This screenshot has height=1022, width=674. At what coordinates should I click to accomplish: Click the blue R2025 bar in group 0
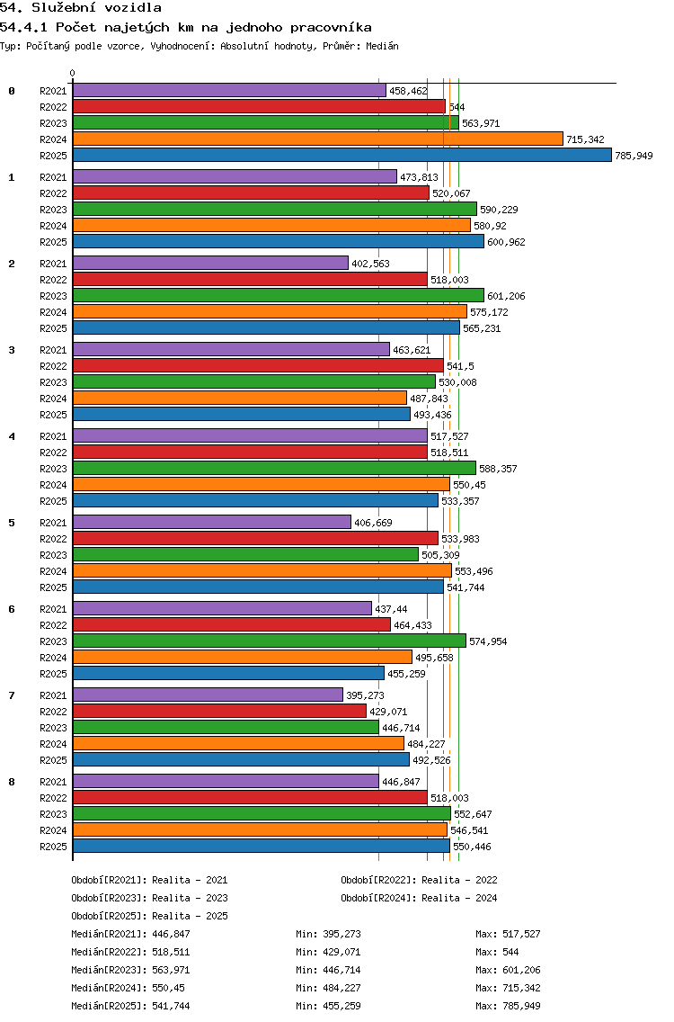click(341, 156)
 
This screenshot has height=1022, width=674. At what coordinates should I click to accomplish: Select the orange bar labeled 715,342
click(317, 139)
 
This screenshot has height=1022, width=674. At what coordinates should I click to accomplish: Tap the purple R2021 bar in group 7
click(208, 695)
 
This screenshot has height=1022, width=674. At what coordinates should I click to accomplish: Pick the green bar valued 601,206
click(278, 295)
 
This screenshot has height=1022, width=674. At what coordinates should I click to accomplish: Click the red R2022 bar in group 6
click(231, 624)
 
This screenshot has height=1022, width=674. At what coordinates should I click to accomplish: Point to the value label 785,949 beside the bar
click(634, 156)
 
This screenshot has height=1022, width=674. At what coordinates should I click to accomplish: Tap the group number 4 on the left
click(12, 436)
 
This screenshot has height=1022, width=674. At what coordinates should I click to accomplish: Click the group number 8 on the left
click(12, 782)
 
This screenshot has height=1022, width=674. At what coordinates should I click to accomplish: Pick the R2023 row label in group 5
click(54, 555)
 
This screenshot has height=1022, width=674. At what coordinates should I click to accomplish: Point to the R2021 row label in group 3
click(54, 350)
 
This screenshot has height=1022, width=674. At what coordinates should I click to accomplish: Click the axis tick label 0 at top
click(73, 74)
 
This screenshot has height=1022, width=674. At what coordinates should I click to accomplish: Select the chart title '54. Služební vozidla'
click(81, 8)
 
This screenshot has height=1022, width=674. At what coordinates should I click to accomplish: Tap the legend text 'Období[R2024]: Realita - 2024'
click(419, 898)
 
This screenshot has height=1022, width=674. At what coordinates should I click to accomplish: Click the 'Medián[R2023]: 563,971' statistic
click(130, 970)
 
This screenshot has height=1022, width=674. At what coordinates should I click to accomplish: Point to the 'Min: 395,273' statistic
click(328, 934)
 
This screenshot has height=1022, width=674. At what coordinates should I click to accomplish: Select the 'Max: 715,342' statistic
click(508, 988)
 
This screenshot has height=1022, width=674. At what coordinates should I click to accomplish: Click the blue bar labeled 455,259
click(228, 673)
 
